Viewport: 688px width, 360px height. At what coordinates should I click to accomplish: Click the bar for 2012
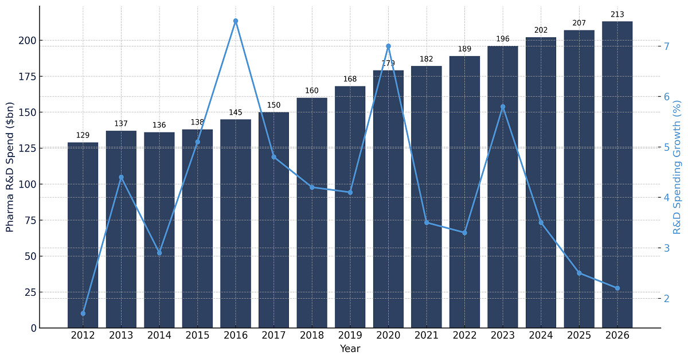point(83,235)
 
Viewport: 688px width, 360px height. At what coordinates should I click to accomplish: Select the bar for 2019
point(350,207)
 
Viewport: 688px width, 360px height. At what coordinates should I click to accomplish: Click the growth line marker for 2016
point(236,21)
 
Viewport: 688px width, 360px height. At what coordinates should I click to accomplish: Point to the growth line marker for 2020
point(388,46)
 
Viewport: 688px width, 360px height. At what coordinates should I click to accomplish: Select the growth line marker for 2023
point(503,107)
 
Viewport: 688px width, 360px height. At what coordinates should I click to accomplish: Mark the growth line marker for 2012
point(83,314)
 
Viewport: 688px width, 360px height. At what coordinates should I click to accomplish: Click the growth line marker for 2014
point(159,253)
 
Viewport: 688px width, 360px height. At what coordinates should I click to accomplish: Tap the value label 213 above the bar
point(617,15)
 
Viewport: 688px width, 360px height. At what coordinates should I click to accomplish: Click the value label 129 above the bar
point(83,136)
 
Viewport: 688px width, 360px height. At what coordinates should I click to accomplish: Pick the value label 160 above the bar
point(312,91)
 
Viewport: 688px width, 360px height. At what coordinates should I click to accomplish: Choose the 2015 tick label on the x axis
point(197,335)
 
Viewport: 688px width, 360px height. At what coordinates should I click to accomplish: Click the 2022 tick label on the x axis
point(464,335)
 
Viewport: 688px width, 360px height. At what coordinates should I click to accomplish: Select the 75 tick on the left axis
point(30,221)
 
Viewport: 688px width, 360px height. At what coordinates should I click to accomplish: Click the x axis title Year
point(350,349)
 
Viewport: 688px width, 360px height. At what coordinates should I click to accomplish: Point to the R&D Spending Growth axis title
point(677,167)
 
